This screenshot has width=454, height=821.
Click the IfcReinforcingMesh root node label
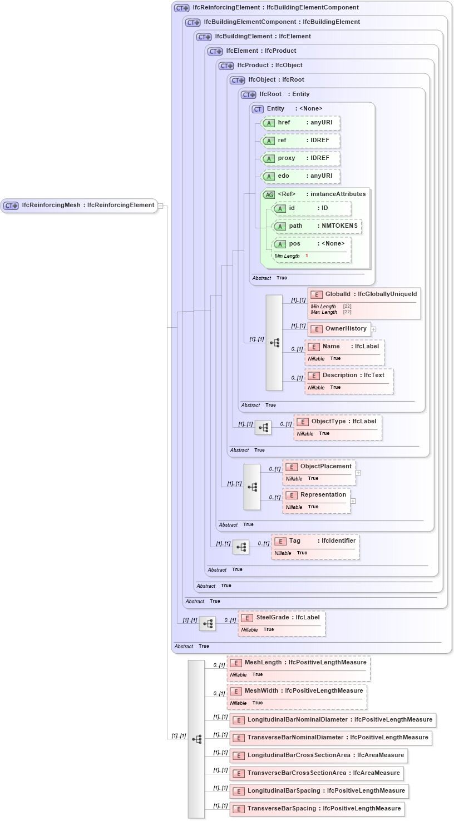(x=79, y=206)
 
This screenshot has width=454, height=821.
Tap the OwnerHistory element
(x=339, y=329)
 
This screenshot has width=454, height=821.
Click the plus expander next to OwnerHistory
(x=374, y=329)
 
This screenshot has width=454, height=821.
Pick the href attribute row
(x=300, y=123)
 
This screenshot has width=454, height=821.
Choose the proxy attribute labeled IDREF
(x=300, y=158)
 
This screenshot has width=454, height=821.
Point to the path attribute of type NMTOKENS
(x=317, y=226)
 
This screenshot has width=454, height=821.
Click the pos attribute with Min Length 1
(x=311, y=244)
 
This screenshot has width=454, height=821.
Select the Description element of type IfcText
(x=348, y=376)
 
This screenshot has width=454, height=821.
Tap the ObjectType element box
(x=337, y=422)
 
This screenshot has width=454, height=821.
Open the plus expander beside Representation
(x=353, y=501)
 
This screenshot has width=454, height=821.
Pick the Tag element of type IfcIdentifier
(x=315, y=541)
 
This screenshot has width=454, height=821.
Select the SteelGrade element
(x=282, y=618)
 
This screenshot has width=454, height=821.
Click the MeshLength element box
(x=298, y=663)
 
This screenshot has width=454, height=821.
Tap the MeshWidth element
(x=297, y=691)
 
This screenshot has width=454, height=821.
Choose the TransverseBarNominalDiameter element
(x=331, y=738)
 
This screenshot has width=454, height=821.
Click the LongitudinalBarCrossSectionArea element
(x=319, y=755)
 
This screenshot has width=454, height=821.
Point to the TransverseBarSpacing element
(x=317, y=809)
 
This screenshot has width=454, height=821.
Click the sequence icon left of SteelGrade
(x=208, y=623)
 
